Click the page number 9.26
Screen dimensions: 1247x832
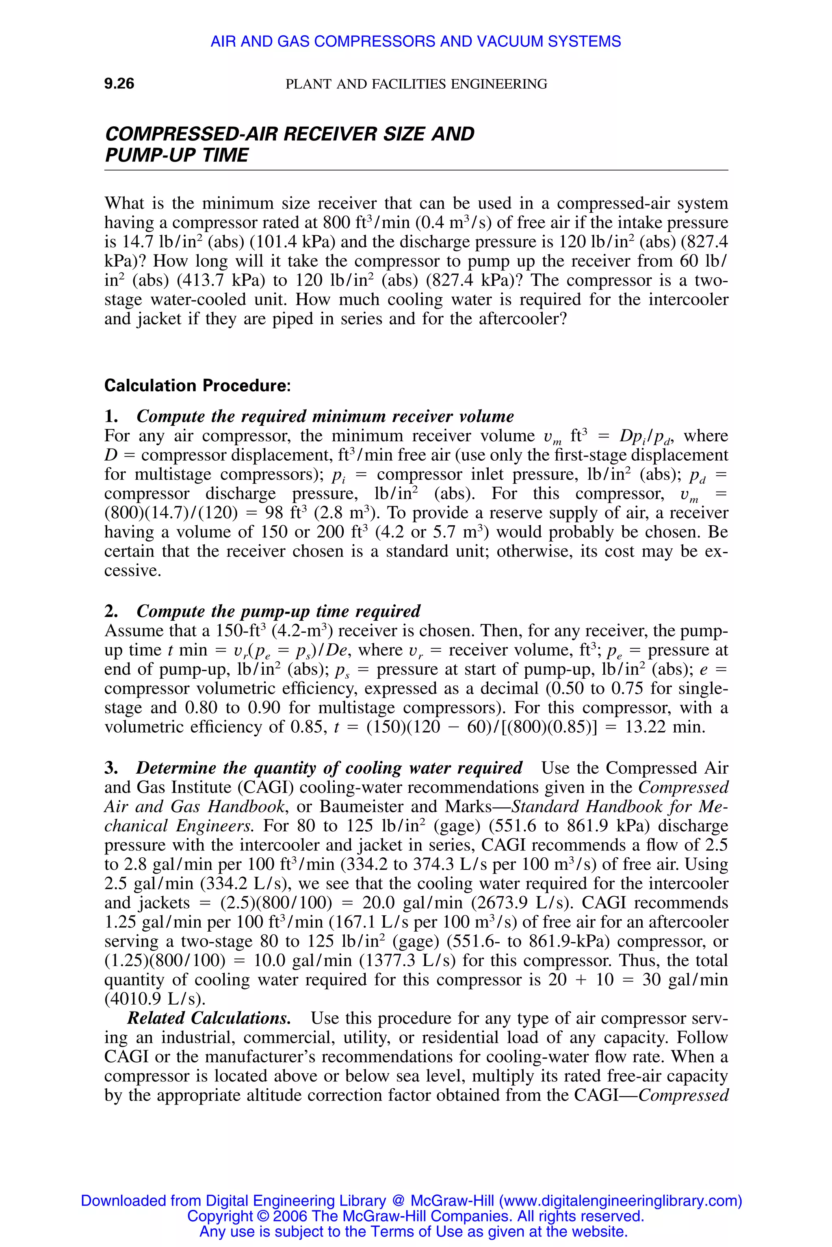119,83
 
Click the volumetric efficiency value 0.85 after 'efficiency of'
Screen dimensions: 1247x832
308,727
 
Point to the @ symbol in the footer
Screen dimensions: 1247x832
398,1200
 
